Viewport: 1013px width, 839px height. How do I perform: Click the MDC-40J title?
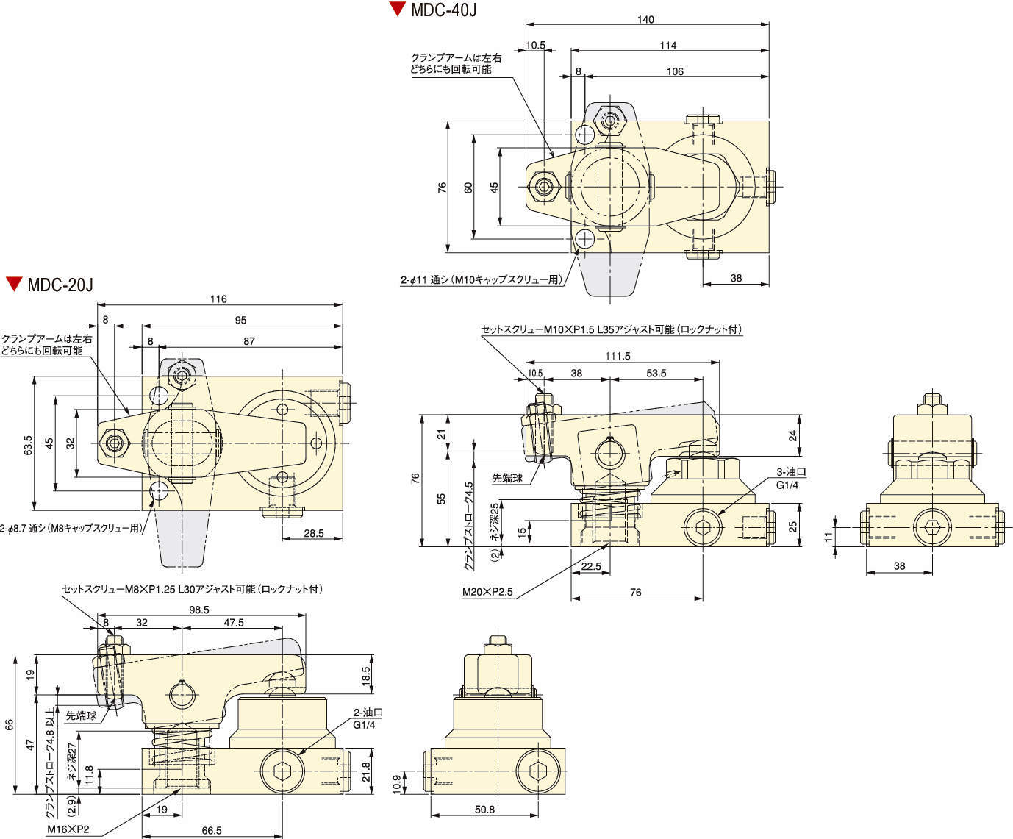click(443, 10)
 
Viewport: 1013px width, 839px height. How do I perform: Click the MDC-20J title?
click(60, 285)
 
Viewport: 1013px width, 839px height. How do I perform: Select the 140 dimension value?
click(645, 19)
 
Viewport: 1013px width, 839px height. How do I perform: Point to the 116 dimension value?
click(218, 299)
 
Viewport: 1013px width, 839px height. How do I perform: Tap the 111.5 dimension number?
click(618, 356)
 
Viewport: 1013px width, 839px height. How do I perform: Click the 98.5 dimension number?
click(199, 610)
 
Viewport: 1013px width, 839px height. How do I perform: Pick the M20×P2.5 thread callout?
click(487, 592)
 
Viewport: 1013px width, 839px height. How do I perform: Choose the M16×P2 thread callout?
click(68, 829)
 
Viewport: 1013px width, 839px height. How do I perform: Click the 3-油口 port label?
click(791, 471)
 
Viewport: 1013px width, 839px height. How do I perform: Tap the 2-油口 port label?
click(368, 713)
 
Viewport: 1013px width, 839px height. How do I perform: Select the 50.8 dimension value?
click(484, 810)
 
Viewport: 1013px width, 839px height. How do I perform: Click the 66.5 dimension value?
click(212, 831)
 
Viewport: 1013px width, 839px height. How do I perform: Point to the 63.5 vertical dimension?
click(28, 445)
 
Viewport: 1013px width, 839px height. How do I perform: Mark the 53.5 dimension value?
click(656, 373)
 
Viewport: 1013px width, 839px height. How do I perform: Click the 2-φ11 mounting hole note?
click(482, 280)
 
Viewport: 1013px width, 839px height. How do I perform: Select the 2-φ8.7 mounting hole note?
click(71, 528)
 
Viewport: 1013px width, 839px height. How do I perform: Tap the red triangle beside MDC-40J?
click(398, 9)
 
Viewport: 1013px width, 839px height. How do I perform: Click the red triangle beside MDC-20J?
click(14, 283)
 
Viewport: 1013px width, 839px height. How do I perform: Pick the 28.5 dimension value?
click(313, 533)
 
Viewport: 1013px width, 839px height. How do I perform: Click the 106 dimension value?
click(675, 71)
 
